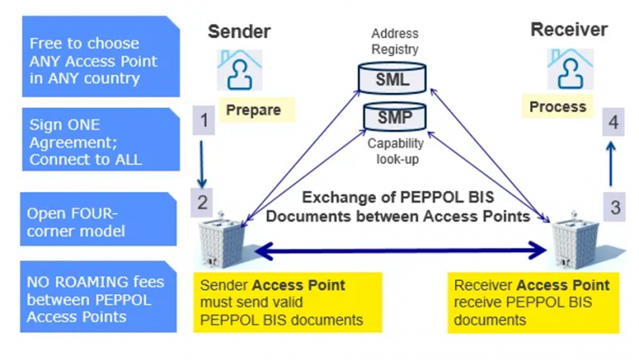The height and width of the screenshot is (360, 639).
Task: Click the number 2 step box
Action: point(204,200)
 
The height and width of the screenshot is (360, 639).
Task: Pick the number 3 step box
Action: point(615,207)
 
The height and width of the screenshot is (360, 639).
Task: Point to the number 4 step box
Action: point(613,122)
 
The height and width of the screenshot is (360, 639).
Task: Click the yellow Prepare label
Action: point(254,110)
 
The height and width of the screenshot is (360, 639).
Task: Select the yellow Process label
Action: point(557,107)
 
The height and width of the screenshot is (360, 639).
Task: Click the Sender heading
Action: point(239,32)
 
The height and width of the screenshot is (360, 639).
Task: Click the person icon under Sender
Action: point(240,70)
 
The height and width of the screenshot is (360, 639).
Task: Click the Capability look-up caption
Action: point(394,150)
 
